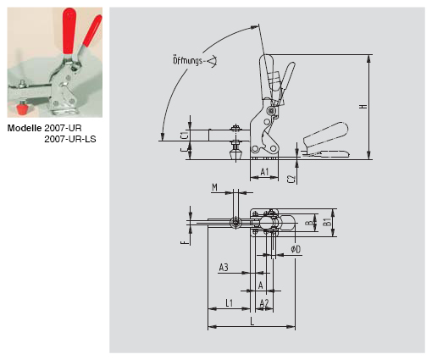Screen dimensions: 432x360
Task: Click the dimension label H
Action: point(364,107)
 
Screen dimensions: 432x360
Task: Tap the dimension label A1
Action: point(264,171)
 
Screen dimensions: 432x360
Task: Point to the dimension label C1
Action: point(184,136)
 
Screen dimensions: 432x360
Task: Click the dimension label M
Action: point(215,187)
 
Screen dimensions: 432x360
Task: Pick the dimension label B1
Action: point(327,222)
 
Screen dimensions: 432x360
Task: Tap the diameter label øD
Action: point(296,249)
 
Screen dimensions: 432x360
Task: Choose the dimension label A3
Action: point(224,267)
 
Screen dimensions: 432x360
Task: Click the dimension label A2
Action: point(264,303)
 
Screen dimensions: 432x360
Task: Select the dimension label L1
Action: point(230,303)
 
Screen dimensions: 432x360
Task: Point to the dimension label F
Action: point(184,242)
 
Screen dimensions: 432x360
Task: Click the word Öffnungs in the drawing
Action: point(188,61)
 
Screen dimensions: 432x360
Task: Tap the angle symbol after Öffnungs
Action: point(213,61)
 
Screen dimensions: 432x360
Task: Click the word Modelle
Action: point(25,128)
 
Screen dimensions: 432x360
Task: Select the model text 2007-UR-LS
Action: point(70,139)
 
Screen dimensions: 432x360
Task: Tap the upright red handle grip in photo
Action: point(69,31)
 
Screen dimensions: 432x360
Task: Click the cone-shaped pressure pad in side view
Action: point(235,155)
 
